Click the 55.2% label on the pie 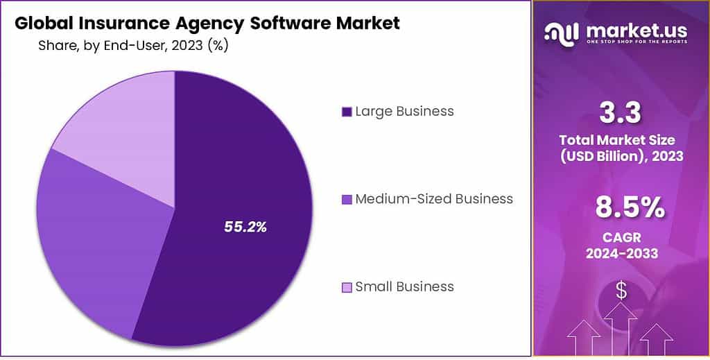pyautogui.click(x=245, y=226)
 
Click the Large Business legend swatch pyautogui.click(x=347, y=112)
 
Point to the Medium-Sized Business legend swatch pyautogui.click(x=347, y=200)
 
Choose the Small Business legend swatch pyautogui.click(x=347, y=287)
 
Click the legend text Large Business pyautogui.click(x=404, y=111)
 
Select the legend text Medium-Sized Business pyautogui.click(x=434, y=199)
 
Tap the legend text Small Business pyautogui.click(x=404, y=286)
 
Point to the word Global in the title pyautogui.click(x=42, y=23)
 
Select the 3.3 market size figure pyautogui.click(x=621, y=112)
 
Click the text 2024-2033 pyautogui.click(x=621, y=254)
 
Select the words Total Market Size pyautogui.click(x=621, y=141)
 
